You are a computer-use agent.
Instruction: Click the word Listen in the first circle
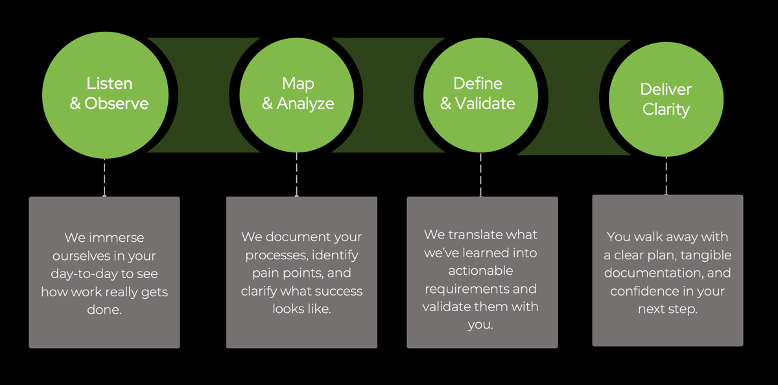click(x=110, y=84)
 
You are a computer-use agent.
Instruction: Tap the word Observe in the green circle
click(x=117, y=103)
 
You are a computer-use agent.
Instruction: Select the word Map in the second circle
click(x=298, y=84)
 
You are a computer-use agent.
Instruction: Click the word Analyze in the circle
click(x=305, y=103)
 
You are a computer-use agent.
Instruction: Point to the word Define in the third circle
click(x=478, y=84)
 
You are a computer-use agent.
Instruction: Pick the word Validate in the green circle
click(x=486, y=103)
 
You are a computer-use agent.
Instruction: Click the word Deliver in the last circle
click(x=666, y=89)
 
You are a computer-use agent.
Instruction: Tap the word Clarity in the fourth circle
click(x=666, y=109)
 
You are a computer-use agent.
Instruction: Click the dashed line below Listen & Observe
click(x=104, y=176)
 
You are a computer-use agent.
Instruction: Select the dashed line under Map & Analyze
click(x=297, y=175)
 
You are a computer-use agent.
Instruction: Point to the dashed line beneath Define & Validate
click(x=480, y=175)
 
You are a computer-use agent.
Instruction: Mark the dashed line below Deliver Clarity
click(x=666, y=175)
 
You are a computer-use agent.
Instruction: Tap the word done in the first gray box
click(x=104, y=310)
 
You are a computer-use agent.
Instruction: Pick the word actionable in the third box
click(x=480, y=270)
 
